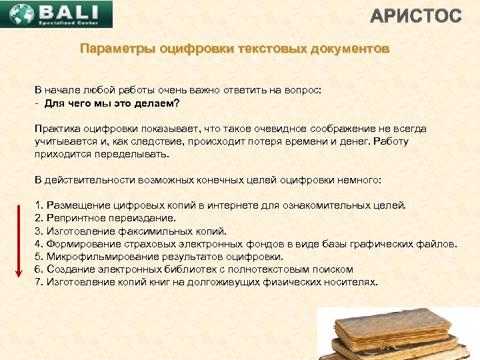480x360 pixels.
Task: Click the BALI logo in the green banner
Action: click(57, 14)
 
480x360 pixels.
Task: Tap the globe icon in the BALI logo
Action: click(18, 14)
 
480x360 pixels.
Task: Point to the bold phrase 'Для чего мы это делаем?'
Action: click(112, 103)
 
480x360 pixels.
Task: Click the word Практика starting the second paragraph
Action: click(57, 129)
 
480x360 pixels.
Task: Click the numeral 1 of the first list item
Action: click(38, 206)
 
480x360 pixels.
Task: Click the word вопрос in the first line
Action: click(303, 90)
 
